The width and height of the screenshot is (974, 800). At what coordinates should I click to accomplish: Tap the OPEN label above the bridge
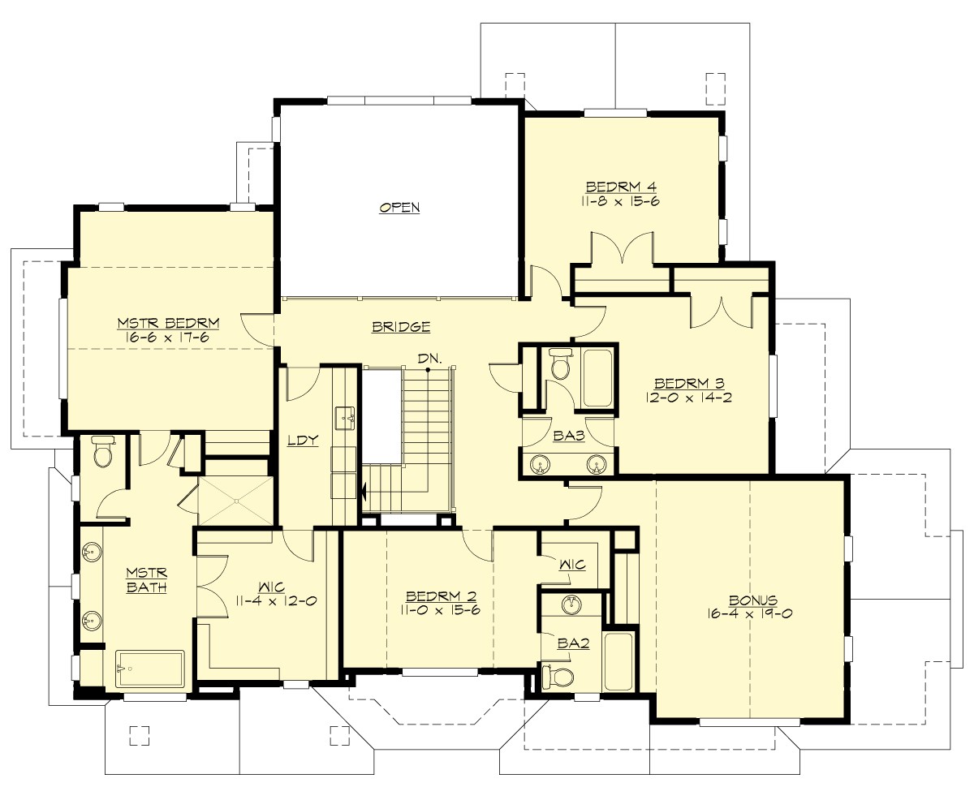click(399, 208)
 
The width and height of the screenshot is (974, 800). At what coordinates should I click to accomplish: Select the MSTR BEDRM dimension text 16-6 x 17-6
click(168, 338)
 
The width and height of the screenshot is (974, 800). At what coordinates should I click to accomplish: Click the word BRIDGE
click(400, 328)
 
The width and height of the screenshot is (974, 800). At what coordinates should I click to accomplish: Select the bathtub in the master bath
click(150, 669)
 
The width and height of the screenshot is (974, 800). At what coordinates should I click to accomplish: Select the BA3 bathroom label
click(569, 436)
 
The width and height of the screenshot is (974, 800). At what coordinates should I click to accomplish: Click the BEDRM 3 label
click(688, 383)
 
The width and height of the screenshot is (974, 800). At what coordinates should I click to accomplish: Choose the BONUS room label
click(748, 600)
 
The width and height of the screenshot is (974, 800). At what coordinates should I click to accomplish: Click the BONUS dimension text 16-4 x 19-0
click(748, 614)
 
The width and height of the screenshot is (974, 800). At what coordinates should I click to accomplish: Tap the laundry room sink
click(346, 419)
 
